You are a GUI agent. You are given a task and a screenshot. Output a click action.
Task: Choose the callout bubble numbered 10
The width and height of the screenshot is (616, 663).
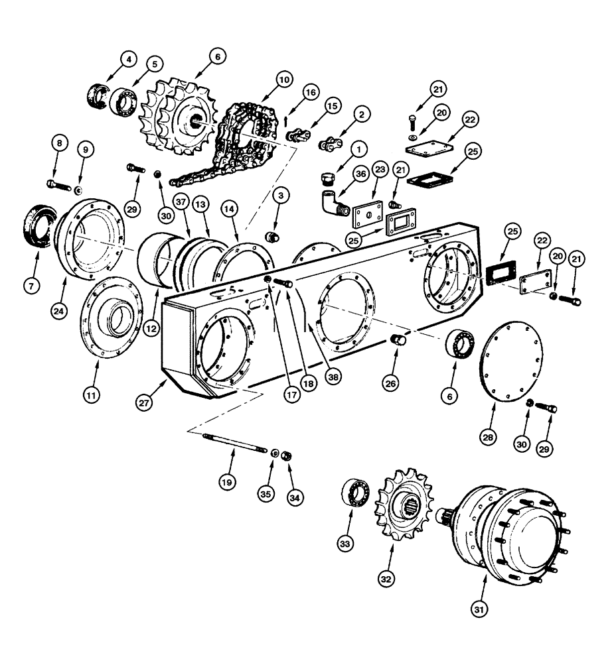point(283,80)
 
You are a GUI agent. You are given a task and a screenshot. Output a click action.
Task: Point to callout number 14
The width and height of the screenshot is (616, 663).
point(229,208)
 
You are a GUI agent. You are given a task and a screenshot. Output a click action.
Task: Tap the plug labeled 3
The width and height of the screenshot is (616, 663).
point(271,237)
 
